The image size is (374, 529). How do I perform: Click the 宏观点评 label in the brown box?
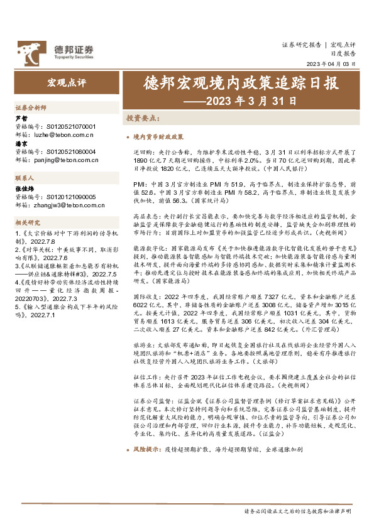67,83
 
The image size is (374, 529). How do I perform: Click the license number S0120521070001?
71,126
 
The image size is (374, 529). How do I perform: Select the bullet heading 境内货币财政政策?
158,136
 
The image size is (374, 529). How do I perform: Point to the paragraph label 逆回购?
142,152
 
